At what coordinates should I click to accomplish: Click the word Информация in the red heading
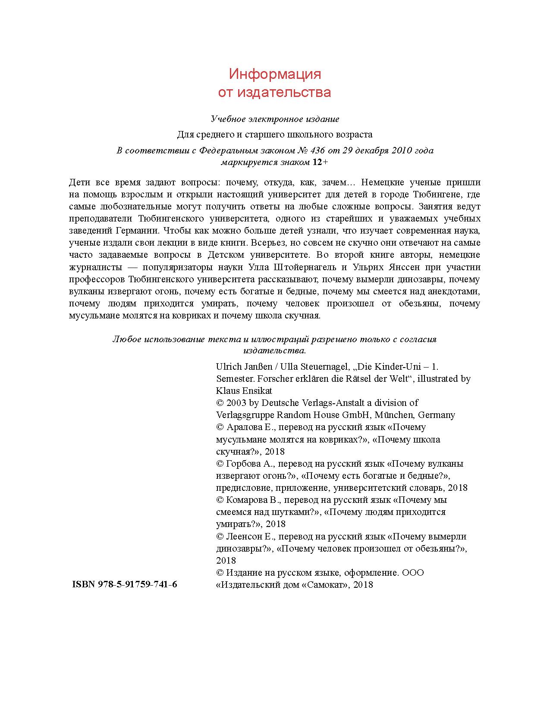[x=275, y=74]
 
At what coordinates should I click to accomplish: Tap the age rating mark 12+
[x=320, y=162]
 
